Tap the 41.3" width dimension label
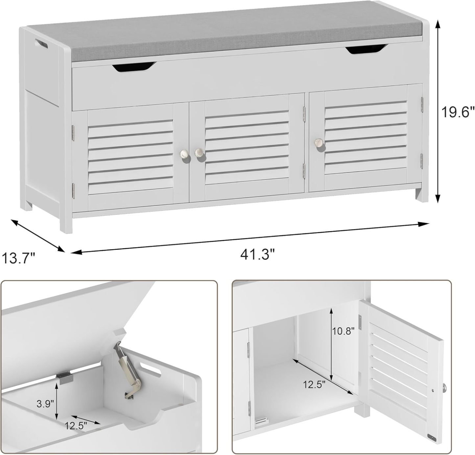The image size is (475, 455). click(x=257, y=254)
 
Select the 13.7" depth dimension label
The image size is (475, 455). click(x=18, y=258)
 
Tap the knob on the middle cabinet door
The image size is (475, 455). click(x=199, y=152)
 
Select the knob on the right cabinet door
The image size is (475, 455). click(x=318, y=142)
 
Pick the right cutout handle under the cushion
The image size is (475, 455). click(x=365, y=49)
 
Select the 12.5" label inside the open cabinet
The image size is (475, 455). click(x=314, y=384)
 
